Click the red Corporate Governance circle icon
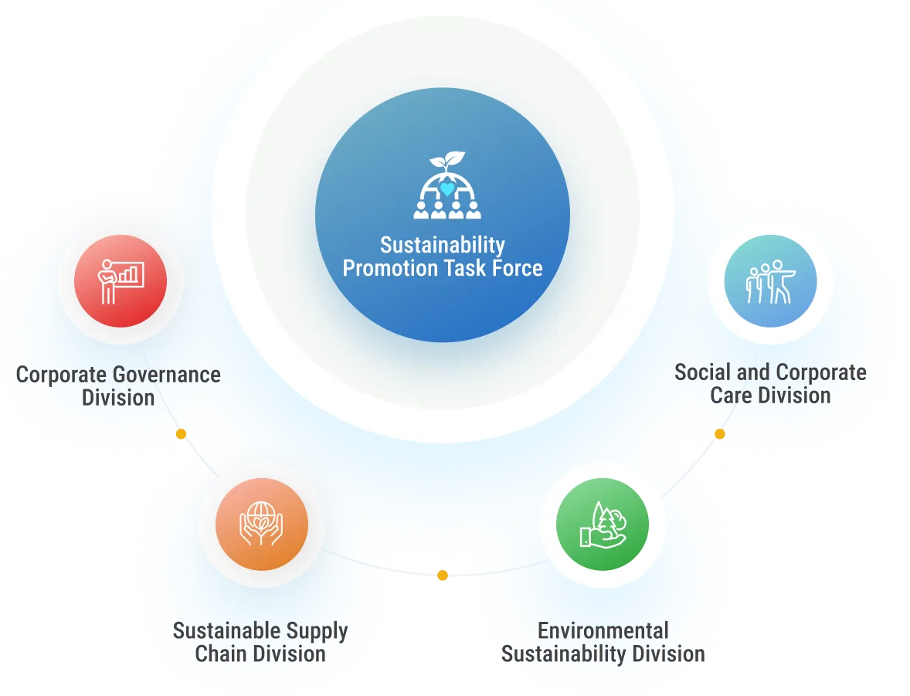(x=121, y=282)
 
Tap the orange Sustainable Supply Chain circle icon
(x=262, y=525)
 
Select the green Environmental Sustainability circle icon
(x=603, y=525)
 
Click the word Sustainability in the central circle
(x=442, y=246)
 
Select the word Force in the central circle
(x=517, y=269)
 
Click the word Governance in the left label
(x=167, y=375)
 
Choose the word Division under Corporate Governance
(x=118, y=399)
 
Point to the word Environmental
(x=603, y=631)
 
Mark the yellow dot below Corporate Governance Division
(x=181, y=434)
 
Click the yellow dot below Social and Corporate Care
(x=720, y=434)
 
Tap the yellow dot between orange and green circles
(x=443, y=575)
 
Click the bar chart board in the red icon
(x=131, y=273)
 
